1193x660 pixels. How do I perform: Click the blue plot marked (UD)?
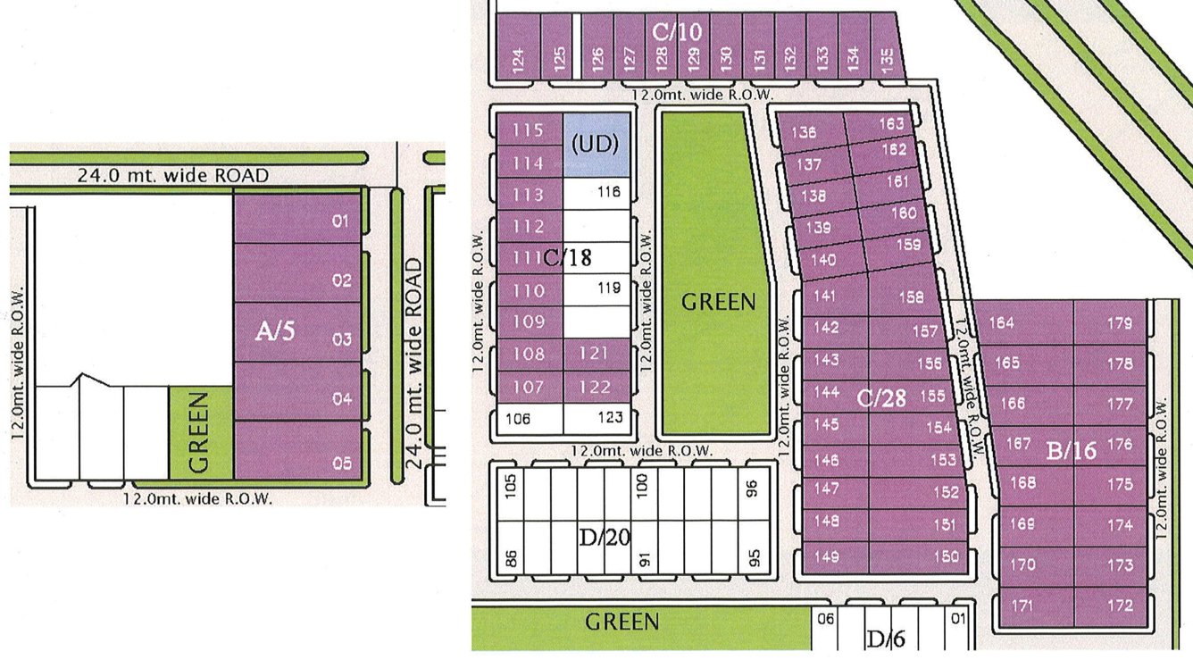coord(597,144)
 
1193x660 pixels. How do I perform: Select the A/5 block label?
coord(274,332)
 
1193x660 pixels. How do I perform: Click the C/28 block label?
coord(881,398)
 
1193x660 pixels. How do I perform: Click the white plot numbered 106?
coord(530,419)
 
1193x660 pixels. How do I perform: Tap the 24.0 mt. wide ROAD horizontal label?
coord(172,175)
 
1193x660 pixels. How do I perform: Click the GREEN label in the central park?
coord(718,303)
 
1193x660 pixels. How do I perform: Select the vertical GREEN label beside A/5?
coord(200,433)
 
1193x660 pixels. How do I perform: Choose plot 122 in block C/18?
coord(596,388)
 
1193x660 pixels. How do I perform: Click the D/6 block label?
coord(886,639)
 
